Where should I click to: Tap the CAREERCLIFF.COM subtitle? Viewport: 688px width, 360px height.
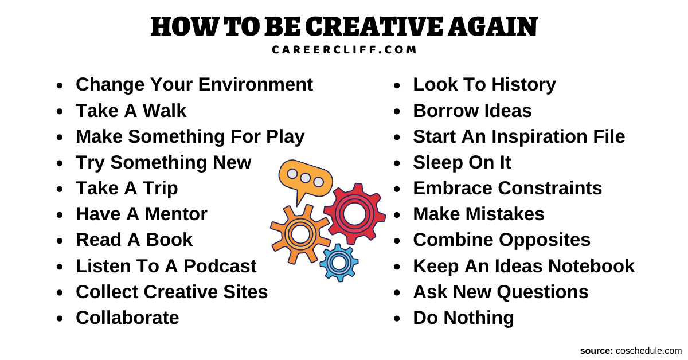click(x=344, y=50)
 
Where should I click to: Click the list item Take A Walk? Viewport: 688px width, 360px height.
click(x=131, y=111)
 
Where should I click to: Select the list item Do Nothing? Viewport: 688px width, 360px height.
click(x=463, y=318)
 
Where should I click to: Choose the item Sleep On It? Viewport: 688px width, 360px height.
click(x=462, y=162)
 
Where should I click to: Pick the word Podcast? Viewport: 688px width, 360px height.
click(x=220, y=266)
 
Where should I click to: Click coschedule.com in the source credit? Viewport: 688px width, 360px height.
click(x=648, y=351)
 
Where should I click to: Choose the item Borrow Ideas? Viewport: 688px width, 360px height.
click(x=472, y=111)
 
